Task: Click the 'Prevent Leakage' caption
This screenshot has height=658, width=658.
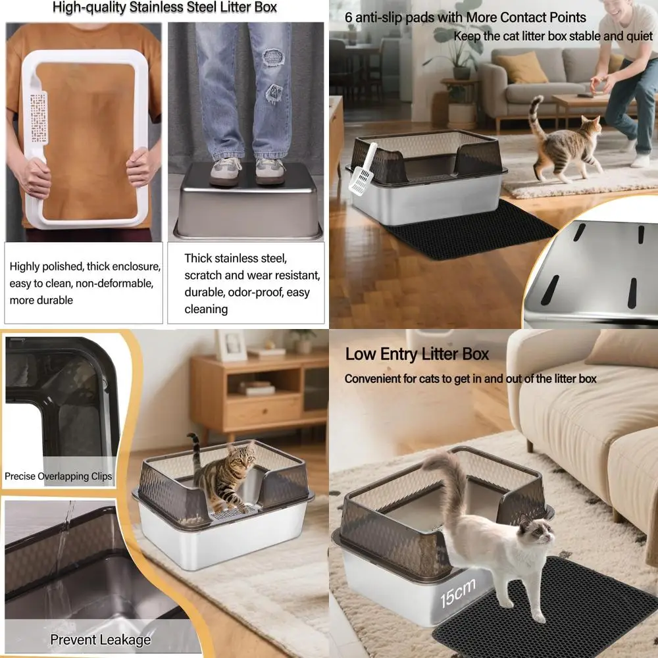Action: click(x=101, y=640)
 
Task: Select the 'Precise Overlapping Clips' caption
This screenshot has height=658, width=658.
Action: click(x=58, y=476)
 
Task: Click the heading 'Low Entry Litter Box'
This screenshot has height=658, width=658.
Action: click(x=417, y=354)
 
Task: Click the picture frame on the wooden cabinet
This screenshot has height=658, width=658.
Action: click(x=231, y=345)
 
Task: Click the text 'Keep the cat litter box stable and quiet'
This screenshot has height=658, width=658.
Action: click(x=553, y=36)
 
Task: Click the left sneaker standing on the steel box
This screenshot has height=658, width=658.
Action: click(x=226, y=171)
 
